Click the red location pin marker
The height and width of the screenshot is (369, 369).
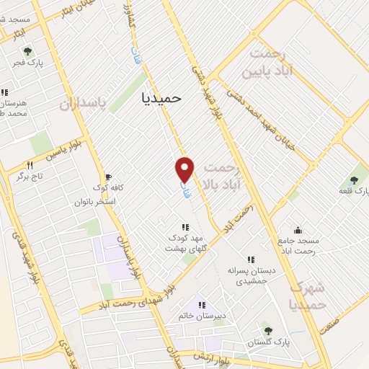(185, 169)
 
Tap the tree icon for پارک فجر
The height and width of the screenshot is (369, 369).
(27, 51)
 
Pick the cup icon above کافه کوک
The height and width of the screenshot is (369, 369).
(108, 176)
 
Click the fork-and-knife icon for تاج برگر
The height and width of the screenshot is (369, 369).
(30, 164)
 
